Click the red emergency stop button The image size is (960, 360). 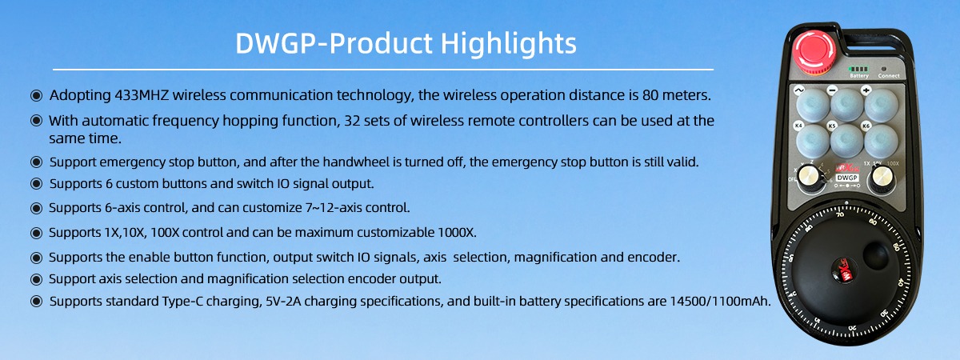pos(814,53)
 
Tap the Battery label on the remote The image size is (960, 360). pos(859,76)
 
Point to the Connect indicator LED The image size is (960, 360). pos(883,69)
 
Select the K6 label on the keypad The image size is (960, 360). pos(866,126)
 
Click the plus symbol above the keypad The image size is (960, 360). pos(866,90)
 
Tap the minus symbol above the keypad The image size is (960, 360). pos(832,90)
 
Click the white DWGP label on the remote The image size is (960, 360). pos(847,178)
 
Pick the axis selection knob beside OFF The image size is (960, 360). pos(810,177)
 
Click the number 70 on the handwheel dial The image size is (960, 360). pos(840,214)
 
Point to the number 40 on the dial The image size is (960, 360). pos(900,283)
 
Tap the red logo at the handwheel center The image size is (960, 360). pos(842,271)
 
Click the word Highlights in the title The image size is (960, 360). pos(508,43)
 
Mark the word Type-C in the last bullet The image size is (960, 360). pos(182,302)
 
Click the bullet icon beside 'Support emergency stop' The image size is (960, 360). pos(37,162)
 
